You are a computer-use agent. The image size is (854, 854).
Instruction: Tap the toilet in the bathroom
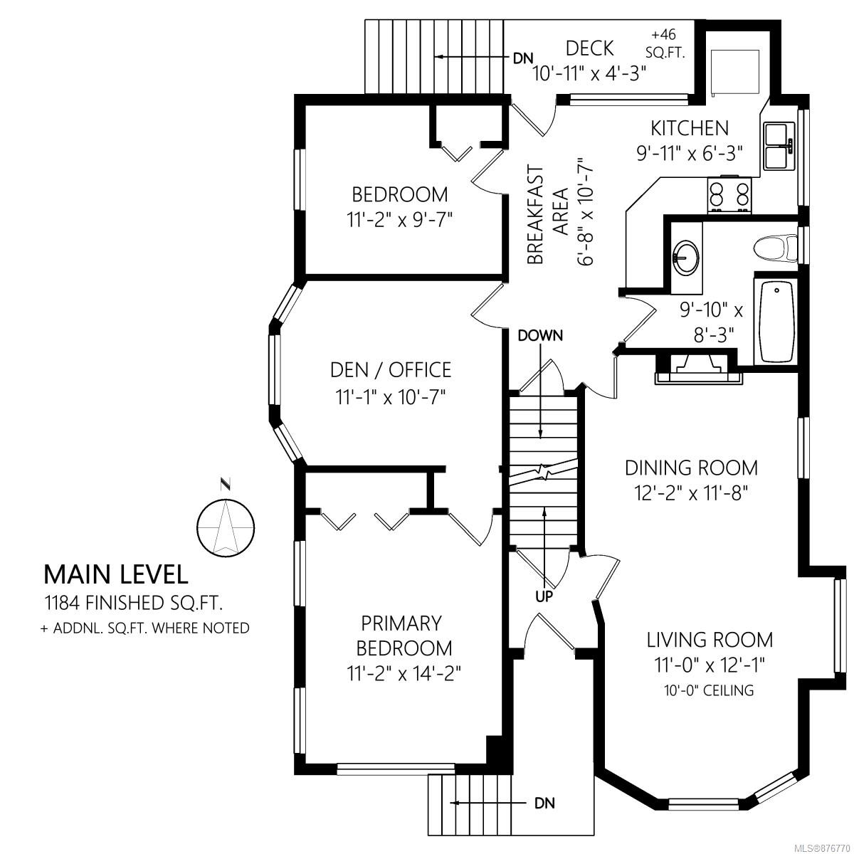(x=775, y=248)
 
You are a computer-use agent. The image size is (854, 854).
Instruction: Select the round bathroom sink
(x=685, y=258)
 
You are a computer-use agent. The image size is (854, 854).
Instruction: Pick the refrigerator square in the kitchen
(x=734, y=72)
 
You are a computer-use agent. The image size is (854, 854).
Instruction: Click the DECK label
(x=590, y=48)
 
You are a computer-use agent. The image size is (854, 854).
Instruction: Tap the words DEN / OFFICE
(x=391, y=369)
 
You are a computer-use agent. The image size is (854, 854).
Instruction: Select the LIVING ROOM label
(x=710, y=640)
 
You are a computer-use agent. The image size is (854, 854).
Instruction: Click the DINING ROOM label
(x=691, y=468)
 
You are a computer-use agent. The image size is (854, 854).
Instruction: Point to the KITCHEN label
(x=690, y=128)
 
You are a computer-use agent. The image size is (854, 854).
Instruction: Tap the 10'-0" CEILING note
(x=709, y=690)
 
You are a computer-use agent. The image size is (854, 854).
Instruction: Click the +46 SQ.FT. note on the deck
(x=665, y=44)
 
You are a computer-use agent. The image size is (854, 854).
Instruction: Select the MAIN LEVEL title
(x=116, y=574)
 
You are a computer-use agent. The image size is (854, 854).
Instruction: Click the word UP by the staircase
(x=544, y=597)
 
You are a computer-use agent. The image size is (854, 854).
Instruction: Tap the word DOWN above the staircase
(x=540, y=335)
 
